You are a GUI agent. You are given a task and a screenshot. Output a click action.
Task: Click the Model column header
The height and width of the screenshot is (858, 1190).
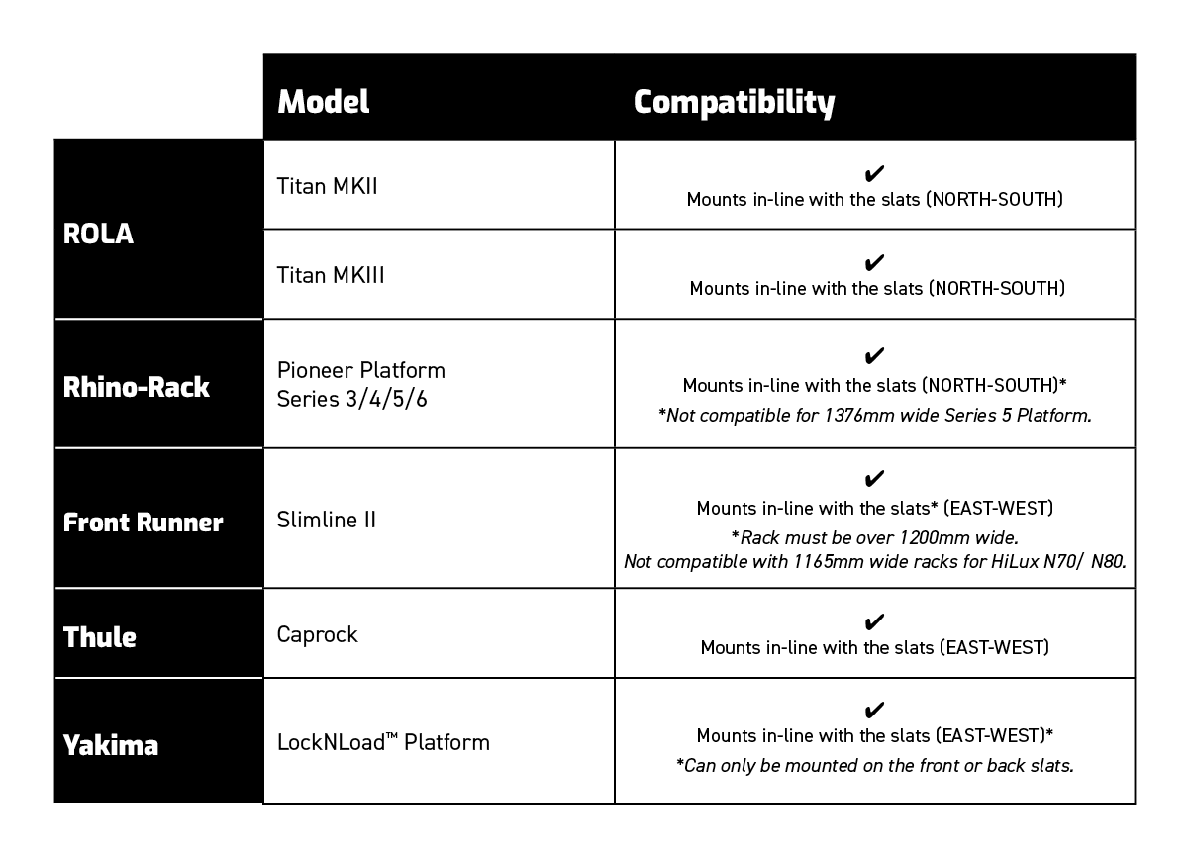coord(323,101)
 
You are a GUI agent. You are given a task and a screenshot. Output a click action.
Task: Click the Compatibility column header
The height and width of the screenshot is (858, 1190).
coord(734,102)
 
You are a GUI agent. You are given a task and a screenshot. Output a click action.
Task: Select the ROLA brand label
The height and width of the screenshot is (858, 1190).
coord(98,234)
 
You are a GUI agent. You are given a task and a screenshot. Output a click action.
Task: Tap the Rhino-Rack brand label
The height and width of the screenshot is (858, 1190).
coord(136,387)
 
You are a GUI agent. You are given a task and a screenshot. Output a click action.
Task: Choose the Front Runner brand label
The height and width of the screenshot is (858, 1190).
coord(143,523)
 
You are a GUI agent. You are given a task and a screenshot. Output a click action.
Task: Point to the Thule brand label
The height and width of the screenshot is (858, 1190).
coord(99,637)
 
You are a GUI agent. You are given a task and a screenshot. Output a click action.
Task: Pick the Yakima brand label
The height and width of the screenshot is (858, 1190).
coord(111,745)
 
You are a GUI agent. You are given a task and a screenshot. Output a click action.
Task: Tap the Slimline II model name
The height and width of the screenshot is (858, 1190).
coord(326,520)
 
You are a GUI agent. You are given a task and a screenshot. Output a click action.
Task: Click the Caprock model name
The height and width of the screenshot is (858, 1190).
coord(318,634)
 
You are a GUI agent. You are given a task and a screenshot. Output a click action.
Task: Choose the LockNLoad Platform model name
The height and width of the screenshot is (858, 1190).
coord(383,742)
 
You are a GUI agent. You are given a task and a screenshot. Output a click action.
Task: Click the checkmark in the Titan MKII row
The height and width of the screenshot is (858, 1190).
coord(874,173)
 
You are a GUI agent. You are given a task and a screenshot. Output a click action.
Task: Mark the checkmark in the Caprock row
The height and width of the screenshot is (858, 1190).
coord(874,621)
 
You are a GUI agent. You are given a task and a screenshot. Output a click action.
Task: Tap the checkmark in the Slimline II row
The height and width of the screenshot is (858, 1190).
coord(874,478)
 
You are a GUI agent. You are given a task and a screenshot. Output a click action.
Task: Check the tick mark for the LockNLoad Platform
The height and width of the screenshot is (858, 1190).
coord(874,710)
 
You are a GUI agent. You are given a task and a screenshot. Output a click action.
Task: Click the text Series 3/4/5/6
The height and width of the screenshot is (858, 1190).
coord(351,399)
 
